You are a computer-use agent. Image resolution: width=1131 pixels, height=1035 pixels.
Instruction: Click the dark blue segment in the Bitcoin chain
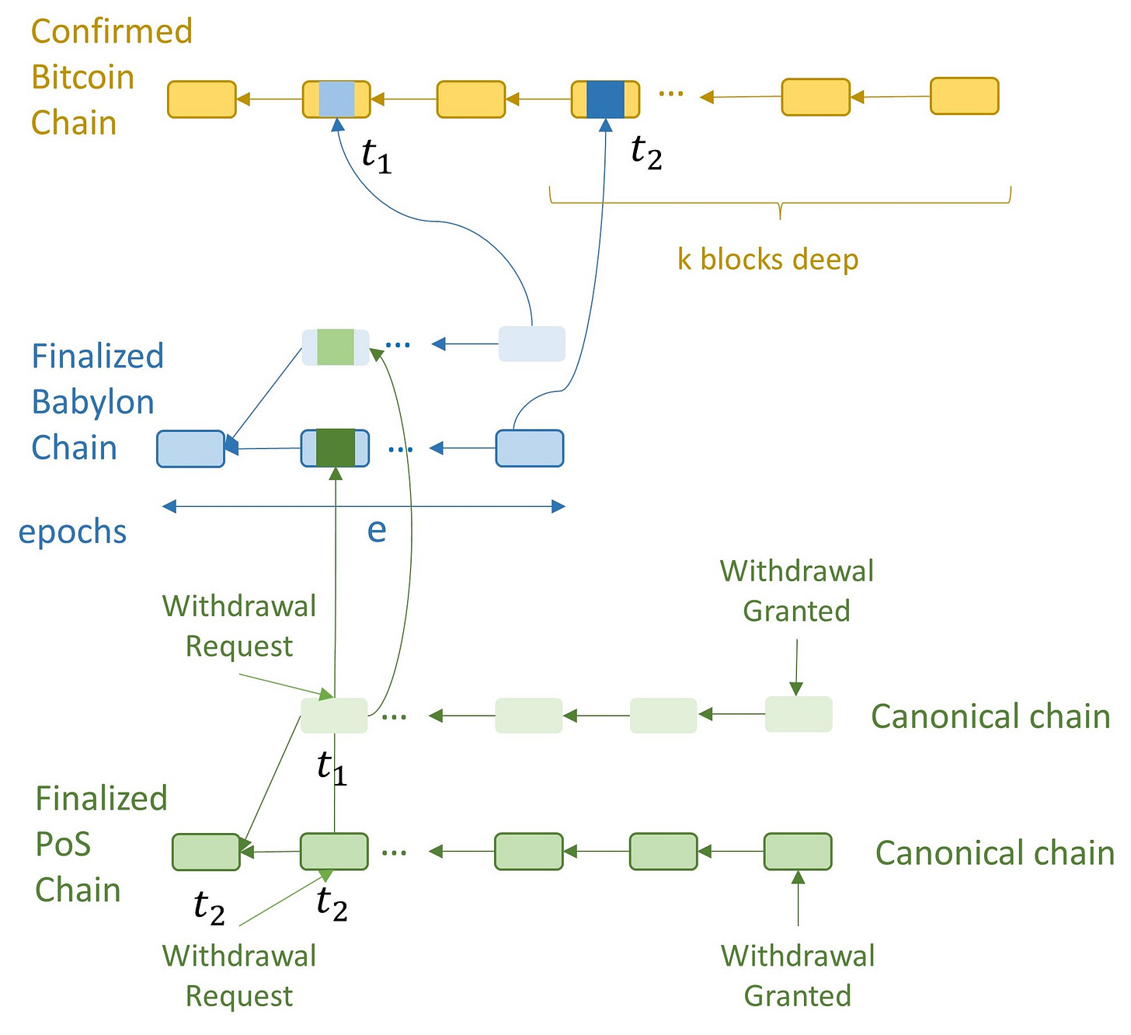[605, 99]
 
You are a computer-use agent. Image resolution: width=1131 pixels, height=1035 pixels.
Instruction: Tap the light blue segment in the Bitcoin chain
[336, 99]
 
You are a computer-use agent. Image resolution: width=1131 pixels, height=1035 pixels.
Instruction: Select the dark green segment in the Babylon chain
[335, 448]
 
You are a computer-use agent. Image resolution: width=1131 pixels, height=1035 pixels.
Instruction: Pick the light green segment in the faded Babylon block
[336, 347]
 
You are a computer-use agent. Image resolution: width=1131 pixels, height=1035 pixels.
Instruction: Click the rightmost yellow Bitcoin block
[964, 96]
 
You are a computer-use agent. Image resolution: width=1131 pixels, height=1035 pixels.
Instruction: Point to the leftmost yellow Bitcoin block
[202, 99]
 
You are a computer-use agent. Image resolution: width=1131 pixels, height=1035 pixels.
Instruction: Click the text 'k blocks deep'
[768, 260]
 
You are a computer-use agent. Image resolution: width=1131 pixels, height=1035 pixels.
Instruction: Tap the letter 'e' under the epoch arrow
[377, 530]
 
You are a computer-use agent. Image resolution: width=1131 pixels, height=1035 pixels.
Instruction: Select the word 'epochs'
[73, 532]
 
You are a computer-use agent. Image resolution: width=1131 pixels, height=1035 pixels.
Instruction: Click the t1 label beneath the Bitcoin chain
[377, 155]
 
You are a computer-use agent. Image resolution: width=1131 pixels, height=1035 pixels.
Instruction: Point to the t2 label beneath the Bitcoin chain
[646, 152]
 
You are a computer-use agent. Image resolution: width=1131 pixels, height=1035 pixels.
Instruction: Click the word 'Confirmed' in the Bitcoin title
[112, 31]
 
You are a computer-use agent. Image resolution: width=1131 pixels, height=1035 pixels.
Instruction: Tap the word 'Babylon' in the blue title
[93, 402]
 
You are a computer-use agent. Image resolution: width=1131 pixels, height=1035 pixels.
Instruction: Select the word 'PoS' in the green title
[63, 845]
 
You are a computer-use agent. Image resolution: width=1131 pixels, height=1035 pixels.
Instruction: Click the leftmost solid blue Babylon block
[190, 448]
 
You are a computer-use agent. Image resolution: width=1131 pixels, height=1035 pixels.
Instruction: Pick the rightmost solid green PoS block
[798, 852]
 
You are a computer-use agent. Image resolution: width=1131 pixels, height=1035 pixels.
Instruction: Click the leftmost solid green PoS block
[206, 852]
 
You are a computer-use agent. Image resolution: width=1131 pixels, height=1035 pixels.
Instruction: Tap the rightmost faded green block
[799, 714]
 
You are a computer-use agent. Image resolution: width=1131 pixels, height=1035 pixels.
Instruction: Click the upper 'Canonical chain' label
[990, 716]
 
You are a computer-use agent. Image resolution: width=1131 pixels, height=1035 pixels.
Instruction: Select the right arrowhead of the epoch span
[559, 506]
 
